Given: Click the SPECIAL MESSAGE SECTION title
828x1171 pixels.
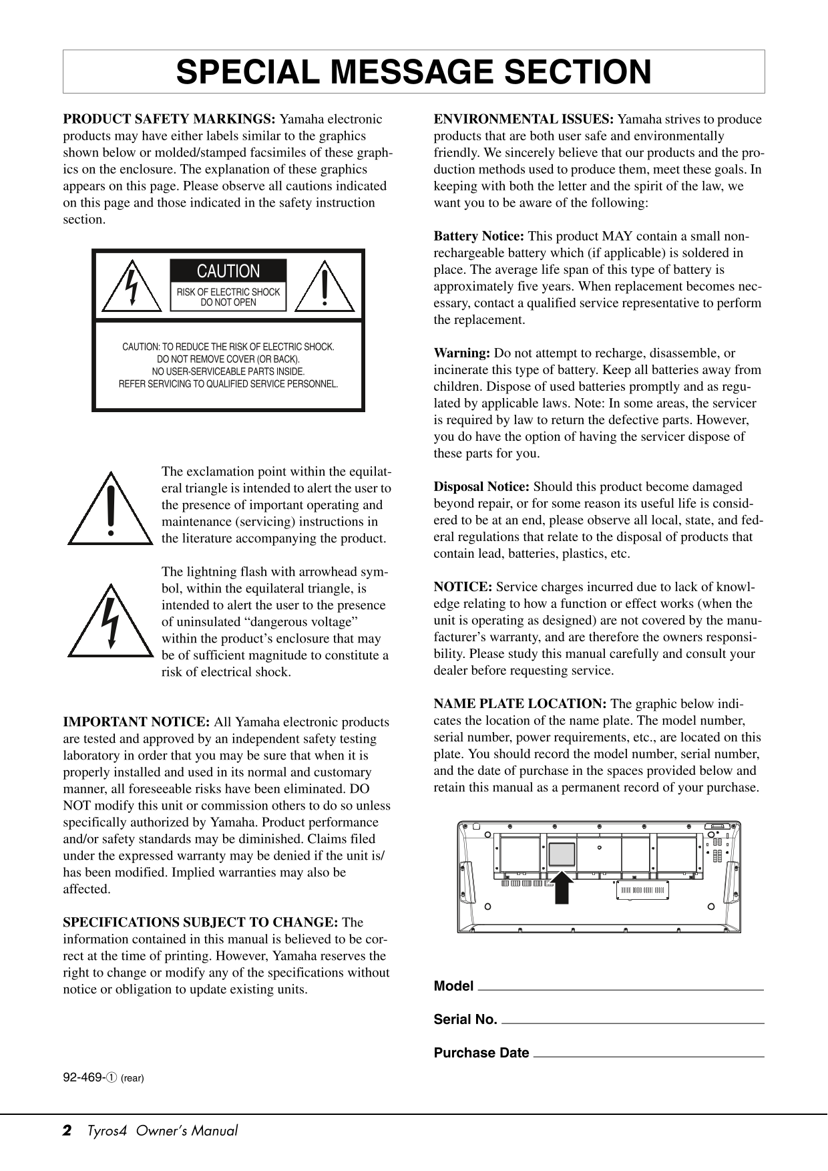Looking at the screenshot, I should [x=413, y=72].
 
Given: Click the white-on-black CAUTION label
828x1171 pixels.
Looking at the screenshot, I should [x=228, y=271].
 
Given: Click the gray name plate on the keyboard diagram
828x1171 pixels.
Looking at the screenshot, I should [x=562, y=854].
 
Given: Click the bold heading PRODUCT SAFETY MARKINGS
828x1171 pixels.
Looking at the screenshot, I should [x=169, y=120].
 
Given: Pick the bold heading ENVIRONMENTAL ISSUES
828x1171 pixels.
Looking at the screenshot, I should [x=524, y=120].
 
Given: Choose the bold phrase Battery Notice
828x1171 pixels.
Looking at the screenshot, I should [x=479, y=236].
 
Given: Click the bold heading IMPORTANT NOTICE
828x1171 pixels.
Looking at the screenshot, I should [x=136, y=722].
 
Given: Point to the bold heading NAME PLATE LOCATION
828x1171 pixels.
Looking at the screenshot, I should [x=520, y=704].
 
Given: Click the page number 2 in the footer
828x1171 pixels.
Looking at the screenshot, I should [x=67, y=1131].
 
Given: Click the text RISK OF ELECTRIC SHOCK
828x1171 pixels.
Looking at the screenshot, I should [x=228, y=292].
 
